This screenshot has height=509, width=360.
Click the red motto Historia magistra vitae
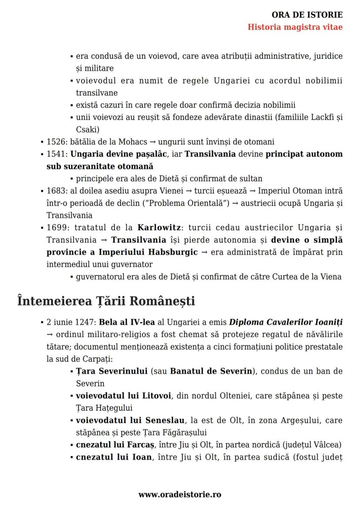pyautogui.click(x=295, y=27)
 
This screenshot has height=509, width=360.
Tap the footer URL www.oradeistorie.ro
pyautogui.click(x=180, y=494)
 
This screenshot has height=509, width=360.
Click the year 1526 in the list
pyautogui.click(x=55, y=142)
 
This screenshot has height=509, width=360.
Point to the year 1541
pyautogui.click(x=55, y=154)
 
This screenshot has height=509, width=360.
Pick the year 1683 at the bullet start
pyautogui.click(x=55, y=191)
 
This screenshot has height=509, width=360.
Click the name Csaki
pyautogui.click(x=87, y=129)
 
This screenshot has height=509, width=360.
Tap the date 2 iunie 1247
pyautogui.click(x=71, y=323)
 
